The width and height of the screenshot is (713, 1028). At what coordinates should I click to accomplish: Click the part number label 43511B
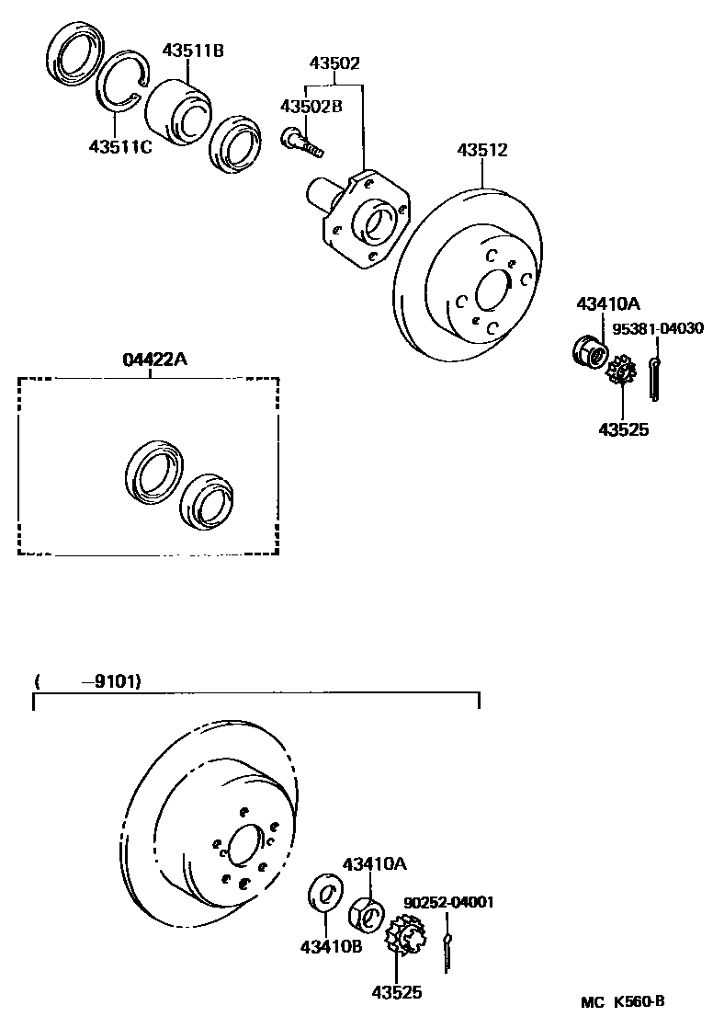193,50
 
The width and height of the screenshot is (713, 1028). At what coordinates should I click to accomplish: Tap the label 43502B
311,107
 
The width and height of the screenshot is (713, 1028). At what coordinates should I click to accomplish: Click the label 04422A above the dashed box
154,360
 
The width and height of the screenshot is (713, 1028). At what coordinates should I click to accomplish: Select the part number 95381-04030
658,328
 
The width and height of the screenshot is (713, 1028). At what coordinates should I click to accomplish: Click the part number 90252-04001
448,902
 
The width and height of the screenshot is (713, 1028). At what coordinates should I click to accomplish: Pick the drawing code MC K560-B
622,1001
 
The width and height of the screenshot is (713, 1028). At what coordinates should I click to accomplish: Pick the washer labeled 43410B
323,894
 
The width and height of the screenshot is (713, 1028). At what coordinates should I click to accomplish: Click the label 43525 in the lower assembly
396,991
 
